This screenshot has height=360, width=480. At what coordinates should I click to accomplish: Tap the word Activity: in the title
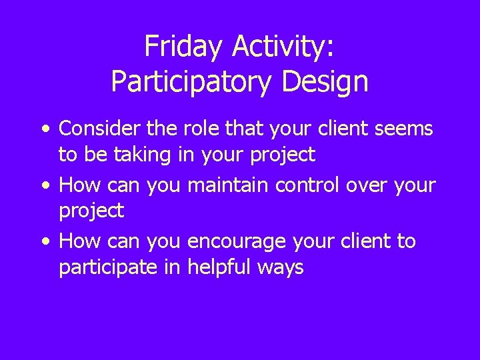(285, 47)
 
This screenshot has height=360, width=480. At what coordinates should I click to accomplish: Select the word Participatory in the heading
(191, 81)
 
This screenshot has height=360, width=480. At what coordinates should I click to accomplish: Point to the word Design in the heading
(325, 81)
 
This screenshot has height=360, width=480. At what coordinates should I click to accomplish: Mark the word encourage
(233, 241)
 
